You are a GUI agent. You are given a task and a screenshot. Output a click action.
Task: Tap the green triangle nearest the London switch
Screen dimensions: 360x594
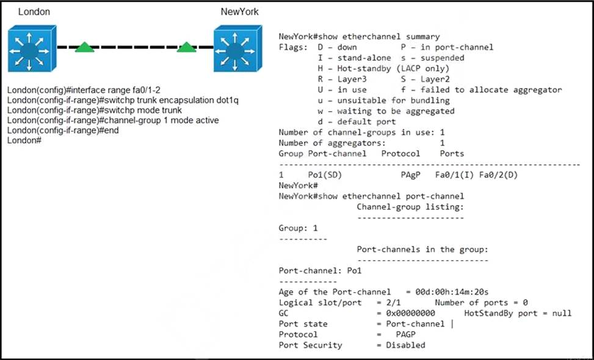(x=85, y=47)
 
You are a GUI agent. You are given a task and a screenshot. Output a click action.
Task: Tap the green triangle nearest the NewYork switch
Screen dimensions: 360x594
(x=186, y=47)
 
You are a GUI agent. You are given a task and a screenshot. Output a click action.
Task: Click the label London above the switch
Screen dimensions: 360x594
(x=34, y=12)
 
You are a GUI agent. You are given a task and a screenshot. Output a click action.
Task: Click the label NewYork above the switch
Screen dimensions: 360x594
(x=240, y=12)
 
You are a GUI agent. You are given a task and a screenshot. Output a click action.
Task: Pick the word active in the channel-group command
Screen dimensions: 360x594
(x=206, y=120)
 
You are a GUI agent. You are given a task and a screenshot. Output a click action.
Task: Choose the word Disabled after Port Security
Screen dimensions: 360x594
(x=405, y=345)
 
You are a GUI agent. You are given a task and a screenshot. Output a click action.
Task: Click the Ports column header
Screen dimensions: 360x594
(x=452, y=154)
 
